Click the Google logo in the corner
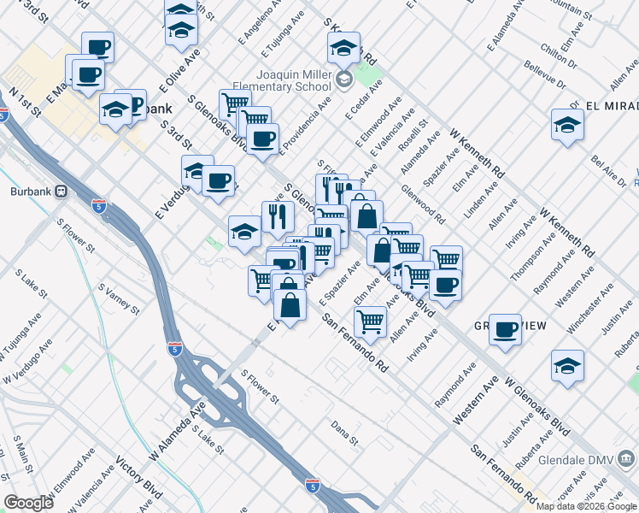click(28, 503)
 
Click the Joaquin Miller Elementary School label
click(296, 80)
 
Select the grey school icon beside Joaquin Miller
click(343, 80)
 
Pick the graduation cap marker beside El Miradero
click(567, 125)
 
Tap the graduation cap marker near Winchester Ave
click(567, 365)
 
